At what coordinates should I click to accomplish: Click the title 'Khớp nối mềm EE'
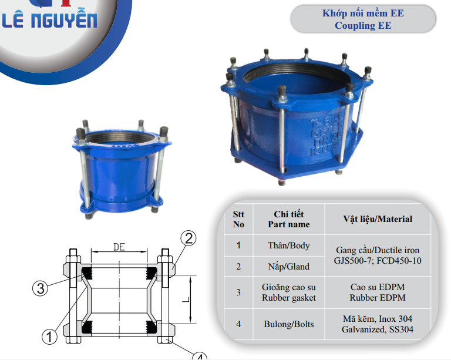point(363,14)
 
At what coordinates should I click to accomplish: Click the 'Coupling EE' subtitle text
point(363,26)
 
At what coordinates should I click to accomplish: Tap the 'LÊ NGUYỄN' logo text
point(49,20)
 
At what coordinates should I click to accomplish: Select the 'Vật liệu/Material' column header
point(378,219)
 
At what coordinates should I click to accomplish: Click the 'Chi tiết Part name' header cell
point(289,219)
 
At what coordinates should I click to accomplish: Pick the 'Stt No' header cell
point(238,219)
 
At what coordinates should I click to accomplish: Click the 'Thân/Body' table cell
point(289,245)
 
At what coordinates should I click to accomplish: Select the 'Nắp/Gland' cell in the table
point(289,267)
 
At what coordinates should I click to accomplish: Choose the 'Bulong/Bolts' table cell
point(289,324)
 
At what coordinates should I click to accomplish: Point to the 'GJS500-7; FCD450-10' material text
point(378,261)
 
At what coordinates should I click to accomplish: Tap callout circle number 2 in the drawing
point(189,238)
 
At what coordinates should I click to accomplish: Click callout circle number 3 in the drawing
point(41,288)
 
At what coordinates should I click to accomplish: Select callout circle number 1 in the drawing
point(49,337)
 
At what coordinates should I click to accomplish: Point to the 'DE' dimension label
point(119,247)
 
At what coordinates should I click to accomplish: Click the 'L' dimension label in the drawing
point(186,300)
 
